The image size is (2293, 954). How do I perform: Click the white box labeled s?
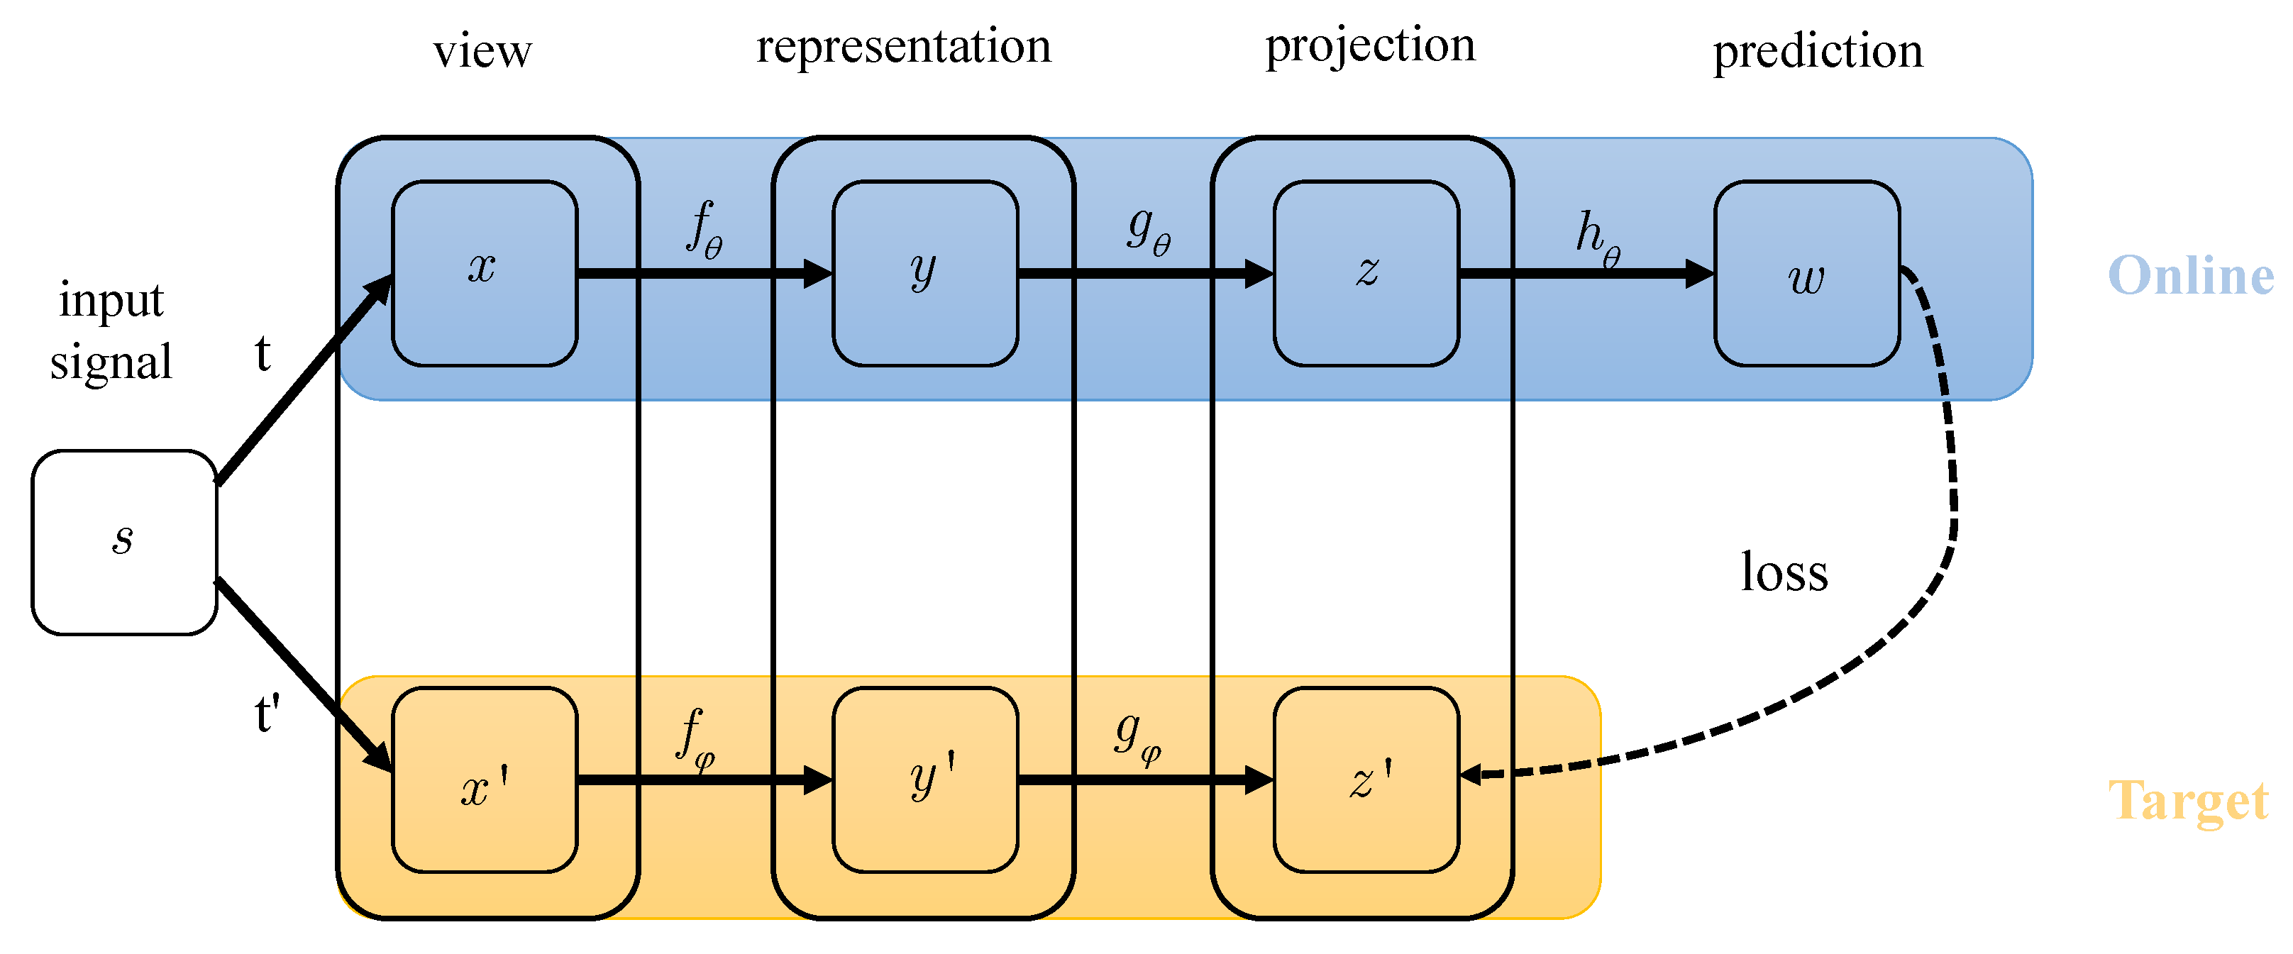(123, 542)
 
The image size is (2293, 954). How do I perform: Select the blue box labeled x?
(485, 272)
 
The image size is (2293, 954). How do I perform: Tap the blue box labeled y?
(925, 272)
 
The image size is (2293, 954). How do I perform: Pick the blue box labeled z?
(1366, 272)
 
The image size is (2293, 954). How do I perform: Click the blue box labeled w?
(1806, 272)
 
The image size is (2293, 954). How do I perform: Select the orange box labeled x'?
(485, 780)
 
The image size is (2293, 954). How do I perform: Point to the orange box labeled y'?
(925, 780)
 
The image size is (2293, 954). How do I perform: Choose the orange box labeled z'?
(1366, 780)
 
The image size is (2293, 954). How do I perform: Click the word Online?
(2189, 276)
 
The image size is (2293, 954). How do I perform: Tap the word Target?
(2188, 801)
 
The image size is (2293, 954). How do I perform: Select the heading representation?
(903, 46)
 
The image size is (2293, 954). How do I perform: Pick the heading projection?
(1370, 46)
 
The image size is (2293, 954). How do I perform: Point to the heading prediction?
(1818, 52)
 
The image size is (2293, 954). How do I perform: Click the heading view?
(482, 52)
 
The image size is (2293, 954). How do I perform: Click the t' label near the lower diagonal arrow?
(267, 714)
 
